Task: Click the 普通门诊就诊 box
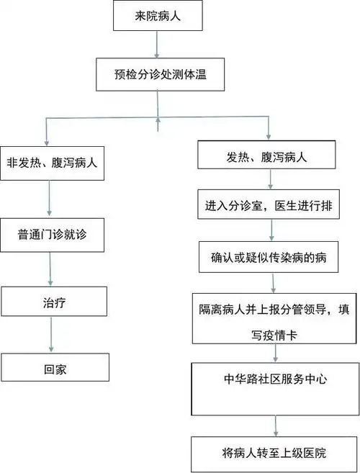pyautogui.click(x=55, y=234)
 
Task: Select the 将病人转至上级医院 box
pyautogui.click(x=274, y=453)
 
